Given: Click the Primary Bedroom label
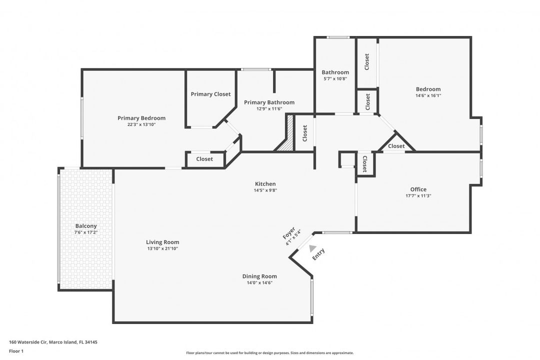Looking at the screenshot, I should pyautogui.click(x=141, y=118).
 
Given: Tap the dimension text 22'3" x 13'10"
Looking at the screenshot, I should pyautogui.click(x=141, y=124).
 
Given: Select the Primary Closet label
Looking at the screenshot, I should pyautogui.click(x=210, y=94).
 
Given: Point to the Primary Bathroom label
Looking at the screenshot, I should pyautogui.click(x=269, y=102).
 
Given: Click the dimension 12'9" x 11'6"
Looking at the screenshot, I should pyautogui.click(x=269, y=108).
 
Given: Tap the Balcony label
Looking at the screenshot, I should pyautogui.click(x=86, y=226).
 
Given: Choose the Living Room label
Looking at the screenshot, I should pyautogui.click(x=162, y=242).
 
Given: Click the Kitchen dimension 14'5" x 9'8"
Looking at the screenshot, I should pyautogui.click(x=265, y=190).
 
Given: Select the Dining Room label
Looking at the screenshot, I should pyautogui.click(x=259, y=276).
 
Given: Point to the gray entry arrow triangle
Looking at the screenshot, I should pyautogui.click(x=312, y=248).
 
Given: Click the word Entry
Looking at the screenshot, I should pyautogui.click(x=318, y=254).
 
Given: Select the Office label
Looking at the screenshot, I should pyautogui.click(x=418, y=189).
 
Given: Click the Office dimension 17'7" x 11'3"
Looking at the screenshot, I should pyautogui.click(x=418, y=196).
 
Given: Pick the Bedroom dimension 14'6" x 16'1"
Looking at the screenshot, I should pyautogui.click(x=428, y=95).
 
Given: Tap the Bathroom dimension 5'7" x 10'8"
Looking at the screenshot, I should pyautogui.click(x=335, y=78).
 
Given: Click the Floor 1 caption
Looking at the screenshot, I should pyautogui.click(x=16, y=351).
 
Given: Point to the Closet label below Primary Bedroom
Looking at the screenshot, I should pyautogui.click(x=204, y=159).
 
